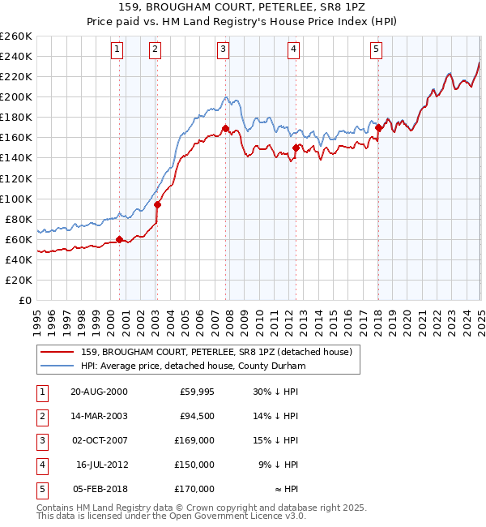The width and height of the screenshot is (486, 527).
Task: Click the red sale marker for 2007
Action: (224, 128)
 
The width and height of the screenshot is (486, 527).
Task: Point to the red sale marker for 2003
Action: (157, 204)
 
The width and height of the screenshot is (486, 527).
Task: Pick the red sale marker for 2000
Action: (119, 239)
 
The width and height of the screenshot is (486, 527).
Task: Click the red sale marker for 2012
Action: (296, 148)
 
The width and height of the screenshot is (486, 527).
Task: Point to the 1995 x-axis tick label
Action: (37, 316)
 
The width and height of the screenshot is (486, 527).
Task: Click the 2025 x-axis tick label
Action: (480, 316)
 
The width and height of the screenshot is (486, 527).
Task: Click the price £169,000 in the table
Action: (195, 440)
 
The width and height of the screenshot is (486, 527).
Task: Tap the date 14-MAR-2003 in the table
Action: (99, 416)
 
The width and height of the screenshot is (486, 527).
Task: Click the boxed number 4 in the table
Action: (40, 465)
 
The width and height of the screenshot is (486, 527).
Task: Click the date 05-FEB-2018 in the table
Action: (99, 489)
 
